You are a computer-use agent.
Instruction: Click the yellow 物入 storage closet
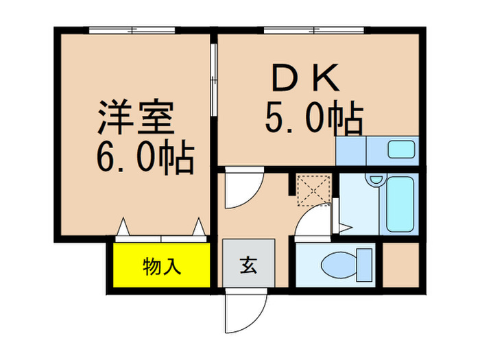(x=162, y=265)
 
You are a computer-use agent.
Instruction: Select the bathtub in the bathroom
(x=400, y=204)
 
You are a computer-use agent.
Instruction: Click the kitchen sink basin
(x=401, y=149)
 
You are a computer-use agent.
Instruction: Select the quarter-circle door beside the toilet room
(x=312, y=223)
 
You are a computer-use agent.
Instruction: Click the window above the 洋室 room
(x=133, y=30)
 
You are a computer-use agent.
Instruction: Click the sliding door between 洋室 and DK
(x=213, y=82)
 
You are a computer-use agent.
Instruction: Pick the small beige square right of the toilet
(x=400, y=263)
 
